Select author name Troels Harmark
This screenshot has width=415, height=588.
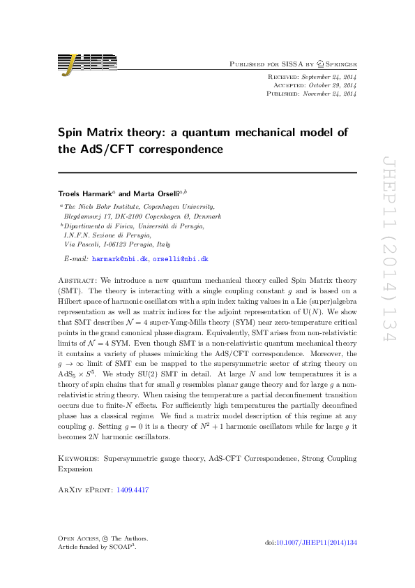click(x=80, y=192)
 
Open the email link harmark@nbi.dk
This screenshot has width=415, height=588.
click(x=120, y=259)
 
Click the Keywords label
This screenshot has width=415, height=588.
click(x=78, y=459)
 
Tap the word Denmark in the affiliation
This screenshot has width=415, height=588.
click(x=208, y=216)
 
